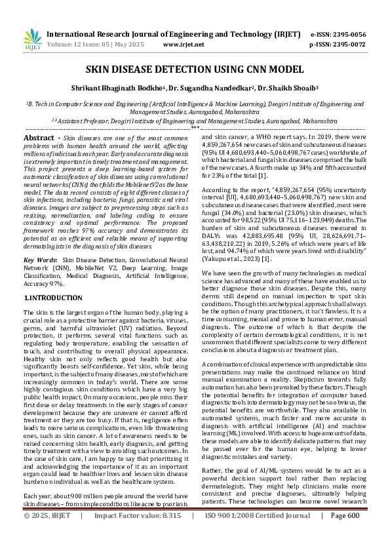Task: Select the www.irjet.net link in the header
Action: click(184, 45)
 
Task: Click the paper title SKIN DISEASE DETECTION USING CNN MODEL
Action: click(195, 69)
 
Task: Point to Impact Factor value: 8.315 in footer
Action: click(138, 534)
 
